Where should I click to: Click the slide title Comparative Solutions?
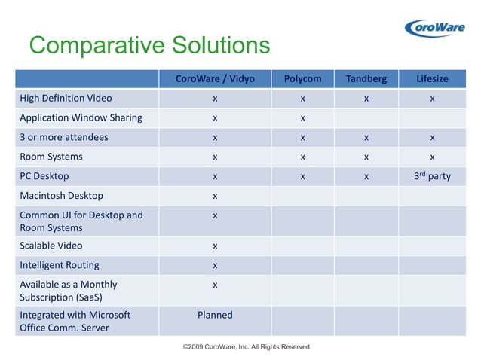click(x=149, y=45)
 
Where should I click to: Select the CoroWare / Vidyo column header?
click(x=215, y=79)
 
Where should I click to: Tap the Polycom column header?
click(x=302, y=79)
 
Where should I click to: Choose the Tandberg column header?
click(x=366, y=79)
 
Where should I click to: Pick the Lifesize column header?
click(x=432, y=79)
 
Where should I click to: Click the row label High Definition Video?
click(x=67, y=98)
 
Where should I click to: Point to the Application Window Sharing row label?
click(x=80, y=117)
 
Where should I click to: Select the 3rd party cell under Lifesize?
click(x=432, y=175)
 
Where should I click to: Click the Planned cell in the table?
click(x=215, y=315)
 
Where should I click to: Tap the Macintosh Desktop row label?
click(x=61, y=196)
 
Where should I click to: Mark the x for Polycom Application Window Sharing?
click(x=302, y=118)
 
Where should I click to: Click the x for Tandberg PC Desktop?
click(x=366, y=177)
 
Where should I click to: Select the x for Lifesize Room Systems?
click(x=432, y=157)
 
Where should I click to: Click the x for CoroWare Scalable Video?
click(x=215, y=246)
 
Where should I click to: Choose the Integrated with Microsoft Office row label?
click(x=75, y=322)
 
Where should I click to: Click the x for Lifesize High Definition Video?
click(x=432, y=99)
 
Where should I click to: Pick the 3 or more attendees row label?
click(x=64, y=137)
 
